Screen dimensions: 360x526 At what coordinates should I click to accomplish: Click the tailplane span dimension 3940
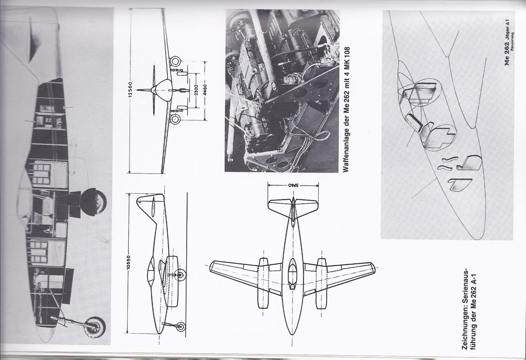(292, 185)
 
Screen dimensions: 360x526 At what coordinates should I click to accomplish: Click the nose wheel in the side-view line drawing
(180, 326)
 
